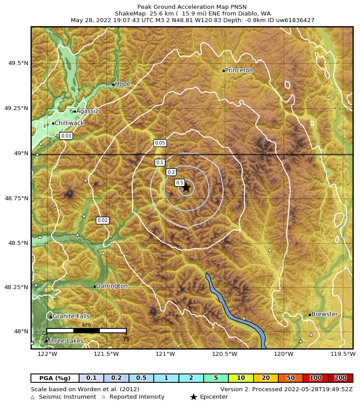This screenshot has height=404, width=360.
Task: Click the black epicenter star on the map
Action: coord(186,187)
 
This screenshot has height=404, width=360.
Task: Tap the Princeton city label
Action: coord(239,70)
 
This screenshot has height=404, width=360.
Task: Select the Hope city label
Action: coord(122,84)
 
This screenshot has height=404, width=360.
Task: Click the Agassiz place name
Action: coord(87,111)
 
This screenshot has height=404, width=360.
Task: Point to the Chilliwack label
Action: coord(69,123)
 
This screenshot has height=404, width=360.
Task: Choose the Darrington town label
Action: coord(112,286)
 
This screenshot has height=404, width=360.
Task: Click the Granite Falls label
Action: coord(71,316)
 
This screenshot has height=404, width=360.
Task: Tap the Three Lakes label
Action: coord(65,341)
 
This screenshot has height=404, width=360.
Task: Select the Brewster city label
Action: coord(324,314)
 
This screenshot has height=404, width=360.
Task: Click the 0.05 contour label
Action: coord(159,143)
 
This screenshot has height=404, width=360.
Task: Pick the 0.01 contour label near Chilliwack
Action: coord(66,136)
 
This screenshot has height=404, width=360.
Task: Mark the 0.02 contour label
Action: coord(102,220)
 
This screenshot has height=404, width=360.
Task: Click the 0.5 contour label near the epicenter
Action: coord(179,183)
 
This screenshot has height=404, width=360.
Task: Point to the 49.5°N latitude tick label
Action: coord(19,63)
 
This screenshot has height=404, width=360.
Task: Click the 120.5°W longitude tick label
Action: coord(225,354)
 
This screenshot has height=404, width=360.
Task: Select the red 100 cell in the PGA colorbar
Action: coord(315,378)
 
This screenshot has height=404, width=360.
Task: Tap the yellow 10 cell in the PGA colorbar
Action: coord(241,378)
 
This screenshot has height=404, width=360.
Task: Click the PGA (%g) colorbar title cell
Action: coord(55,378)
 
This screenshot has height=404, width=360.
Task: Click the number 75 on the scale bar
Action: coord(126,339)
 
